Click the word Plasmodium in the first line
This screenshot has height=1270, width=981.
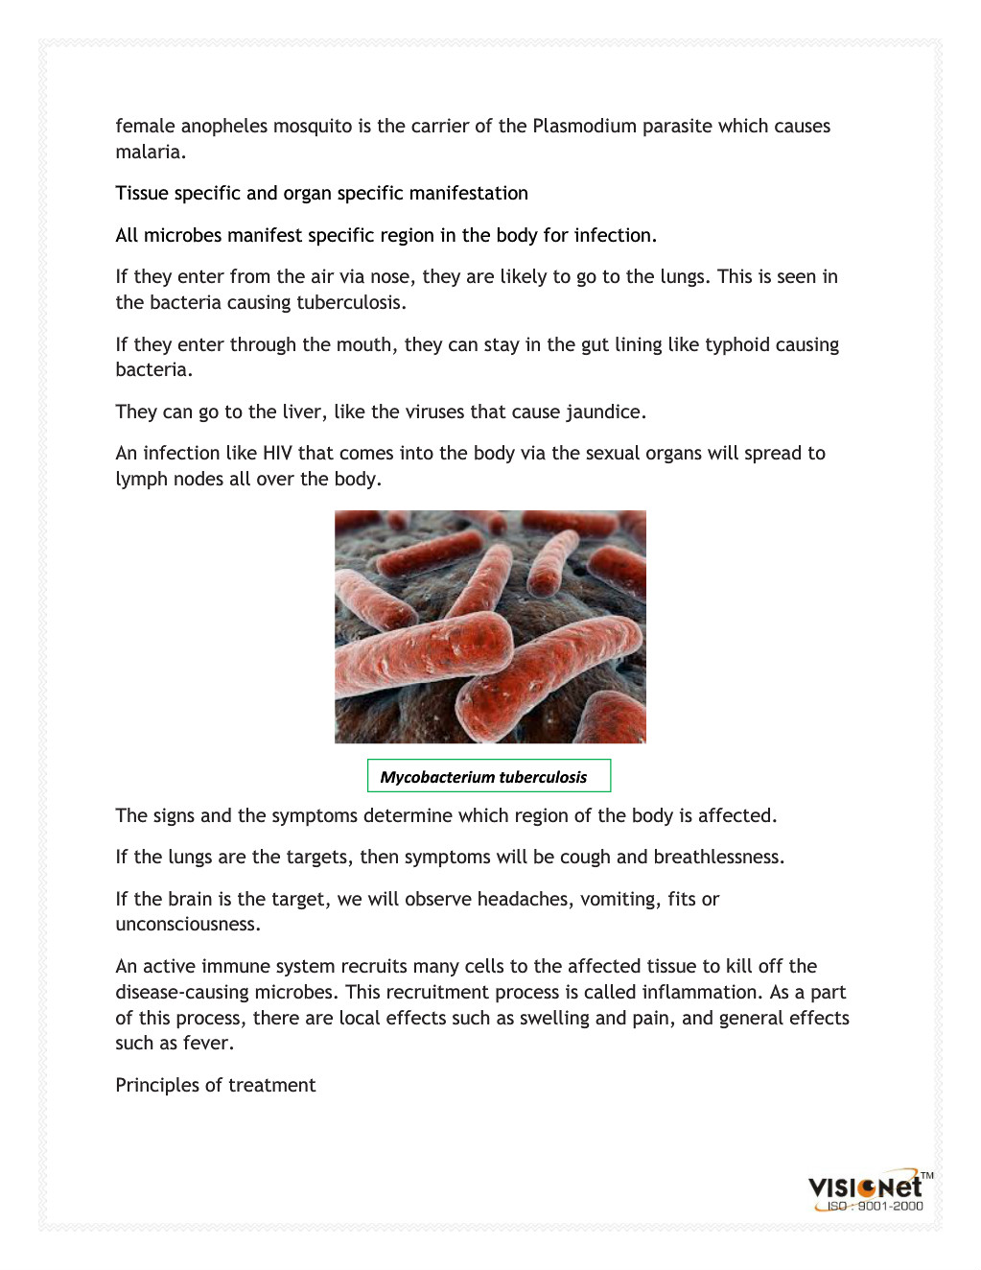[584, 127]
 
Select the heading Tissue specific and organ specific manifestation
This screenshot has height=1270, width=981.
[321, 194]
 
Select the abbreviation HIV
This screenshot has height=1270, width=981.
[277, 454]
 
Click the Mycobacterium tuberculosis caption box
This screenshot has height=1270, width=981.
[488, 777]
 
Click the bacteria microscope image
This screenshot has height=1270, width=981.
[490, 626]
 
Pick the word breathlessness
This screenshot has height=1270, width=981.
[717, 858]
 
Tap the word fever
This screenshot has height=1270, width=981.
[211, 1044]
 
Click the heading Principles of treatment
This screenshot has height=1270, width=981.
[216, 1086]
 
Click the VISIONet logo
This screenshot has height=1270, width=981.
[866, 1187]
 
